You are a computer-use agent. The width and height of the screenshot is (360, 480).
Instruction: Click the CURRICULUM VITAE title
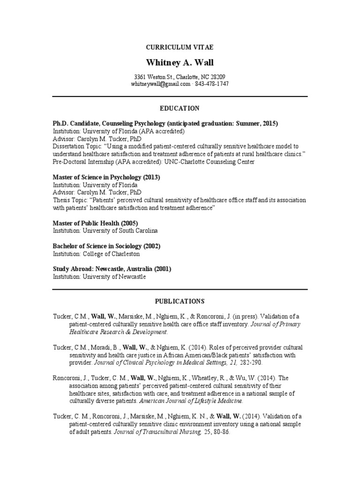180,47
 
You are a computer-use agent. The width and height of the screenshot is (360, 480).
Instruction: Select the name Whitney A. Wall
180,62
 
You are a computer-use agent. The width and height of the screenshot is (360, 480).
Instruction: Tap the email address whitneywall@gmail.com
161,84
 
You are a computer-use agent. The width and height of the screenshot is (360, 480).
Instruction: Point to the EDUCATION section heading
180,108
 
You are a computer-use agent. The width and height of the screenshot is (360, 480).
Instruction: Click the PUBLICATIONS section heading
180,300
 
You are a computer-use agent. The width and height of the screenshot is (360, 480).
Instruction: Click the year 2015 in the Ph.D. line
269,123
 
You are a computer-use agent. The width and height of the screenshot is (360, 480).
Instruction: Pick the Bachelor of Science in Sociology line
106,246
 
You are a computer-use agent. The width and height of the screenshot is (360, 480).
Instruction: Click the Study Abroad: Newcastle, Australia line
112,269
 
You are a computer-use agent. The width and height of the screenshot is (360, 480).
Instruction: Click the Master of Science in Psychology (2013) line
106,177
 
